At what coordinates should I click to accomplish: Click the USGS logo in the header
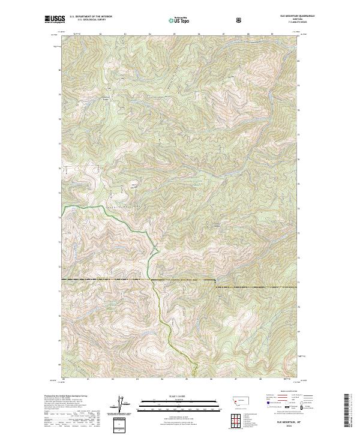(54, 19)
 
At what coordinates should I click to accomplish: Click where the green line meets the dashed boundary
(151, 280)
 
